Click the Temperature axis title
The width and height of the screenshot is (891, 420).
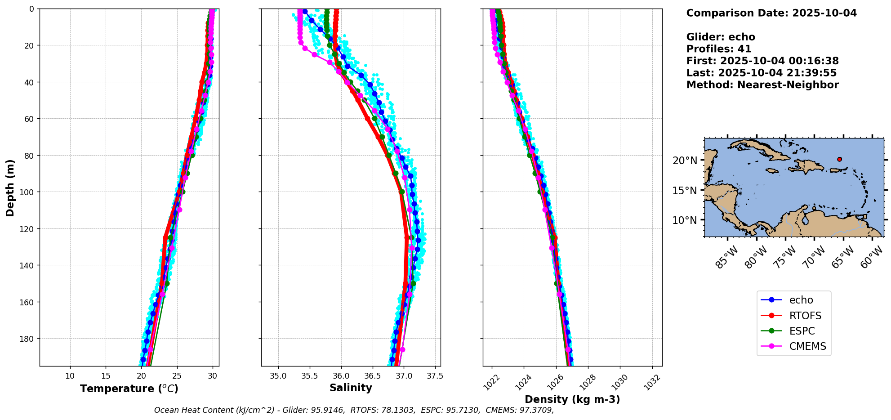[x=129, y=389]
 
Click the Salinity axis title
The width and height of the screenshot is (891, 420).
[x=351, y=388]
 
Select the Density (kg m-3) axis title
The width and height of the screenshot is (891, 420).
[x=572, y=399]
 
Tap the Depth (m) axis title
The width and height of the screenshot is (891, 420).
[x=10, y=188]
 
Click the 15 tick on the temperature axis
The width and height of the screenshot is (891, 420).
[x=106, y=376]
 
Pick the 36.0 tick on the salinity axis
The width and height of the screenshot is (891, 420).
[x=341, y=376]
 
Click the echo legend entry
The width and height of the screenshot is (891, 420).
[x=801, y=300]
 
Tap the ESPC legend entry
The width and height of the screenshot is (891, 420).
[x=802, y=331]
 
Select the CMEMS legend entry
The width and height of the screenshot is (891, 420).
[x=807, y=346]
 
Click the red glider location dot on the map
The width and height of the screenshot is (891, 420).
[x=839, y=159]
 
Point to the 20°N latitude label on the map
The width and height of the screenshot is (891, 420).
[x=685, y=161]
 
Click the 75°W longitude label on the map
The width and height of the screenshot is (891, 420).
[x=786, y=258]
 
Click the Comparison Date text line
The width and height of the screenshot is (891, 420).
[x=771, y=13]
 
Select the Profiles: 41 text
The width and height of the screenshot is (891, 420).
[x=718, y=49]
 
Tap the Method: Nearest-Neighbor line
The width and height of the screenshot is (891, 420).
[x=762, y=85]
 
